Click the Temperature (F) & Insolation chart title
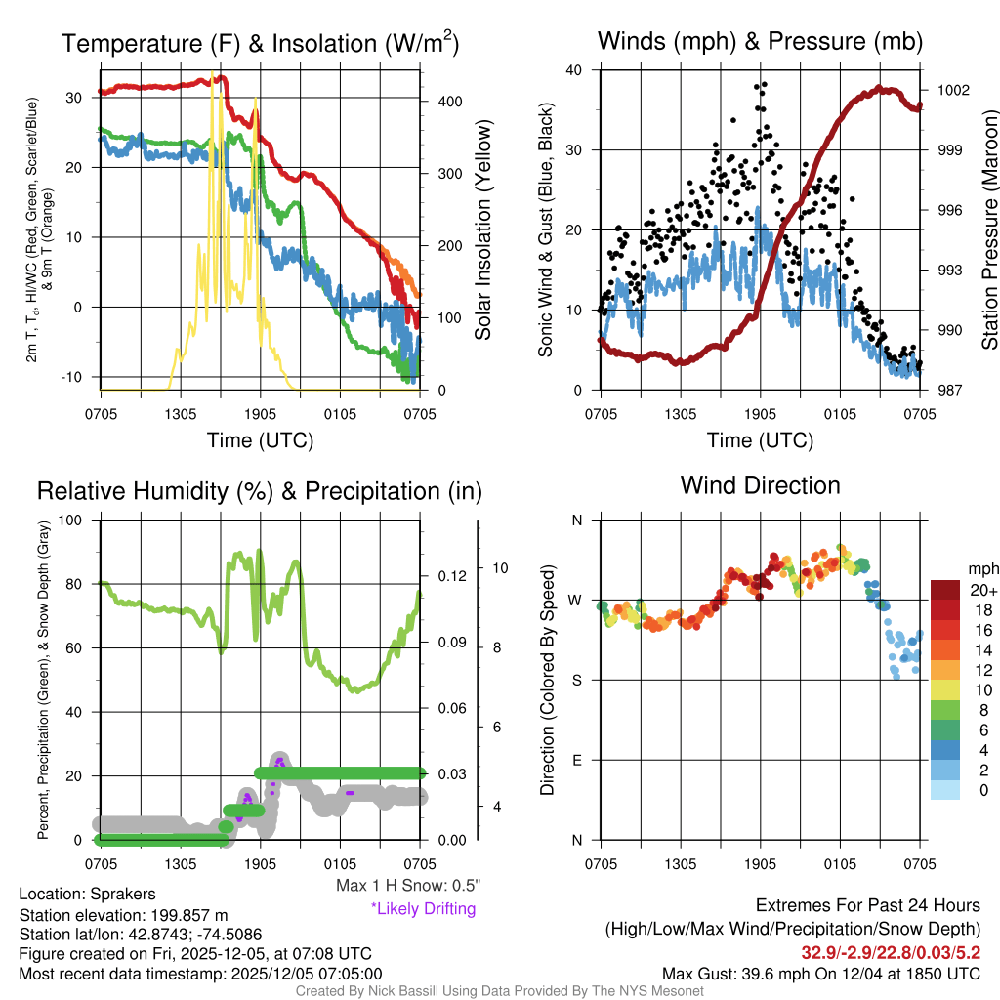[260, 43]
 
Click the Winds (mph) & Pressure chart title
[760, 41]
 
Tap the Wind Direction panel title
[760, 485]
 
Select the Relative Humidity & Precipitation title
[260, 491]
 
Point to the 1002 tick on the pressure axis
[952, 90]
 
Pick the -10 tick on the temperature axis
[76, 377]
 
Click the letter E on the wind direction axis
[577, 760]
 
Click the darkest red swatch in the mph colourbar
[945, 590]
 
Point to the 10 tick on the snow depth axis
[501, 567]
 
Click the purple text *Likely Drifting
[423, 909]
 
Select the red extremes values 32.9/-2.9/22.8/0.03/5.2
[891, 951]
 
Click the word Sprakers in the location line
[121, 894]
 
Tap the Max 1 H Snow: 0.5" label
[408, 886]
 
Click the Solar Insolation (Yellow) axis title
[482, 230]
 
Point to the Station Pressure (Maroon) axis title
[987, 230]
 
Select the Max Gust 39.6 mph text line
[821, 973]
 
